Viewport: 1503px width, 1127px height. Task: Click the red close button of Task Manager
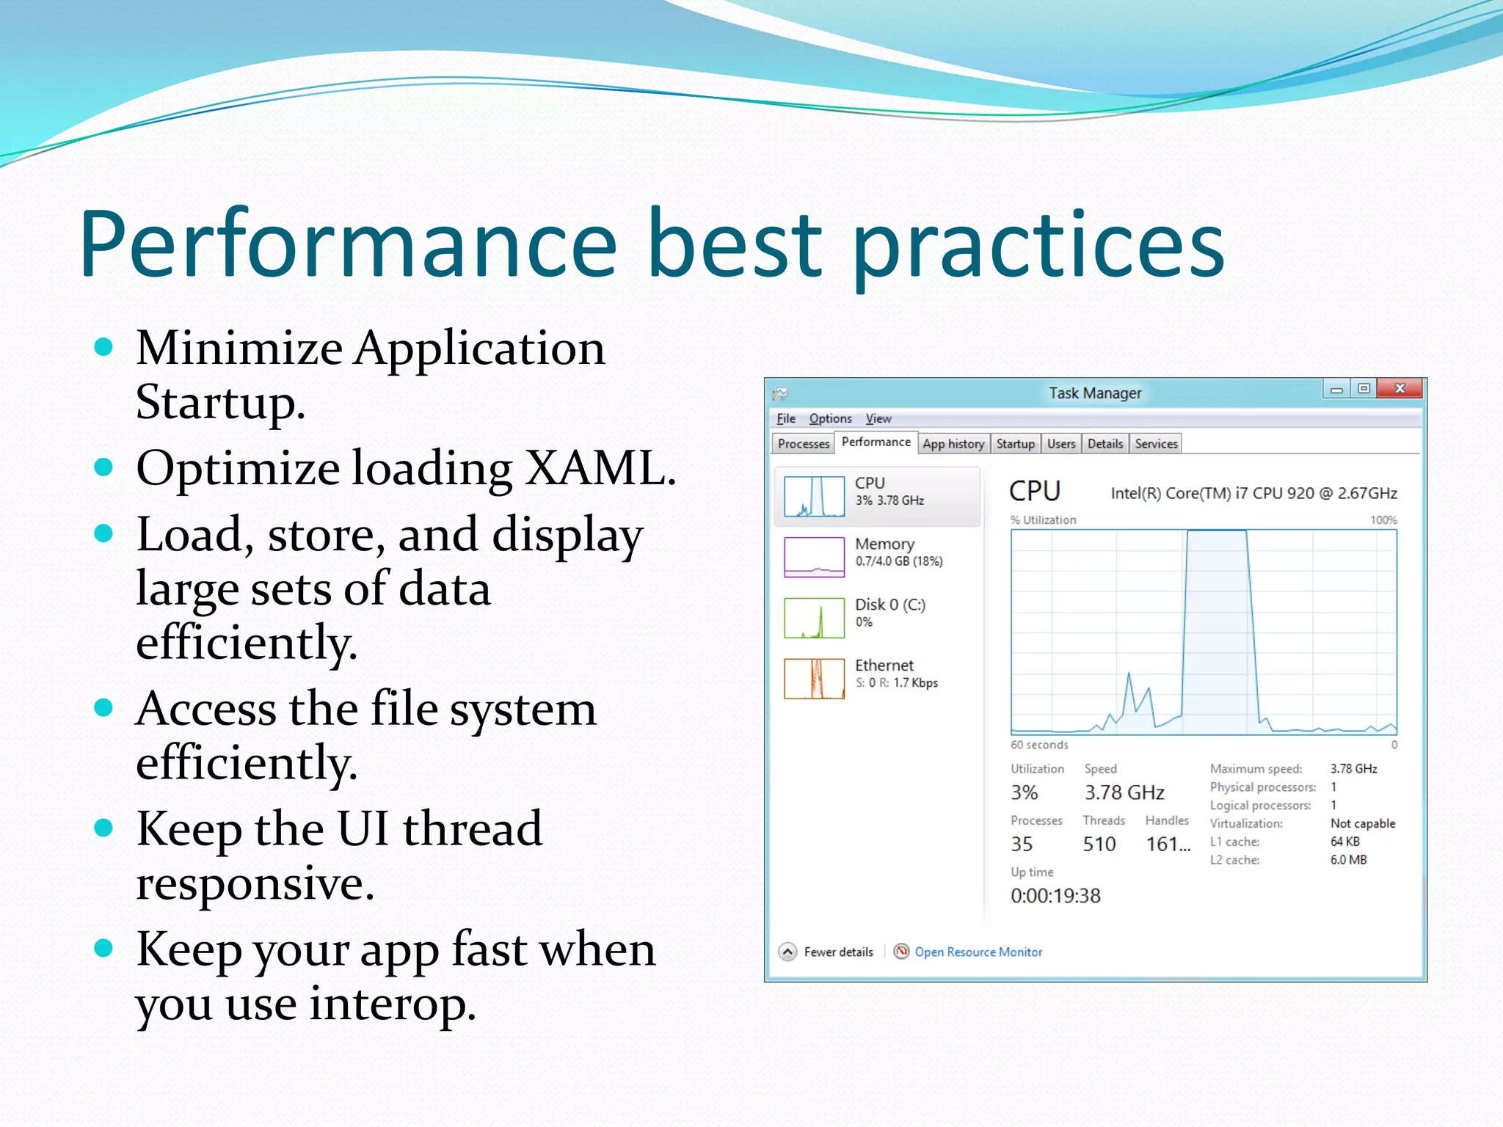click(x=1400, y=389)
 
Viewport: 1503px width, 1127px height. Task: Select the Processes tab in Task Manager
click(x=803, y=444)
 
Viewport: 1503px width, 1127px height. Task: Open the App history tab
click(x=953, y=444)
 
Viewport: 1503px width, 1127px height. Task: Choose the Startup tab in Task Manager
click(x=1015, y=444)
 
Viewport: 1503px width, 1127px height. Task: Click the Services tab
click(x=1155, y=444)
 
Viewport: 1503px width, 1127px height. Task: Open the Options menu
click(x=830, y=419)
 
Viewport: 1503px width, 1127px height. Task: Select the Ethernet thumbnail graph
click(x=814, y=679)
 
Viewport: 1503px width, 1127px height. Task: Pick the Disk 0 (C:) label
click(x=889, y=605)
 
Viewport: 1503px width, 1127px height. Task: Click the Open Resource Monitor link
click(x=978, y=952)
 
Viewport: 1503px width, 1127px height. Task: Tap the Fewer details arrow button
click(x=787, y=952)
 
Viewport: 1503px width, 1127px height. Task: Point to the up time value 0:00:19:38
click(x=1055, y=896)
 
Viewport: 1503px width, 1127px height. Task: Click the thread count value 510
click(x=1099, y=845)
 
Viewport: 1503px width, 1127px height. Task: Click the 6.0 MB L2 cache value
click(x=1348, y=860)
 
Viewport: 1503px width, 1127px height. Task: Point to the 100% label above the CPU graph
click(x=1383, y=520)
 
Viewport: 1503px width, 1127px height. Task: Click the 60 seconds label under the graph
click(x=1039, y=745)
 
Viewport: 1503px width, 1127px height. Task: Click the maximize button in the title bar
click(x=1364, y=389)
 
